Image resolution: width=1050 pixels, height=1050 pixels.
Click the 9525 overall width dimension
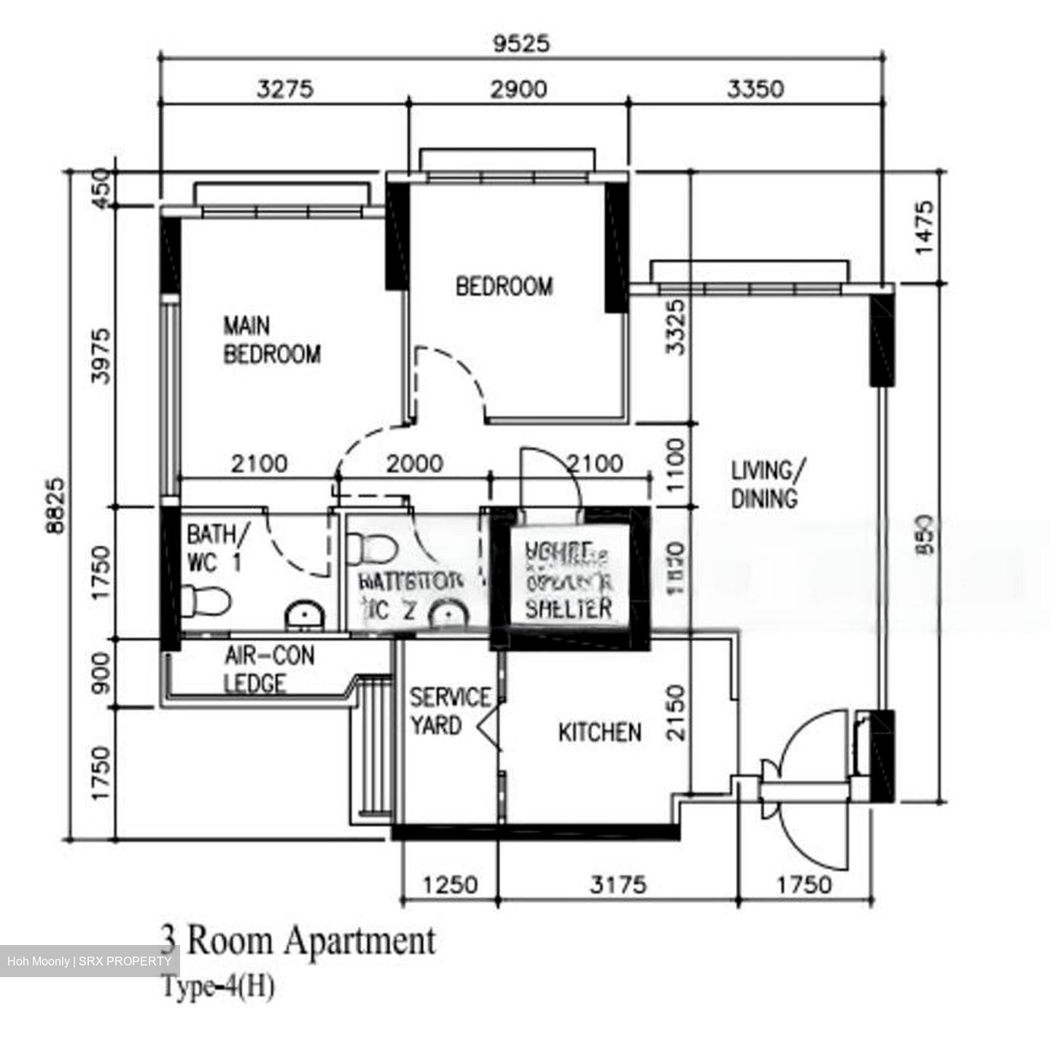[x=521, y=44]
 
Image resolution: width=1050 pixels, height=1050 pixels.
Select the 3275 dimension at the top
[x=285, y=89]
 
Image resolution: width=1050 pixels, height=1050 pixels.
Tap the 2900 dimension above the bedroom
[x=518, y=89]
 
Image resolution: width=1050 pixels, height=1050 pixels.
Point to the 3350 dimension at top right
[x=755, y=89]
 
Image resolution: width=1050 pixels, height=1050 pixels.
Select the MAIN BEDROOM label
[x=271, y=340]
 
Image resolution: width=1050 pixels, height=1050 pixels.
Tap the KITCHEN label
[x=599, y=732]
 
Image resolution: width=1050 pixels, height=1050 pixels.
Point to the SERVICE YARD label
[x=448, y=712]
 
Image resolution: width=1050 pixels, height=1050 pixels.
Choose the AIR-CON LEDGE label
[x=268, y=669]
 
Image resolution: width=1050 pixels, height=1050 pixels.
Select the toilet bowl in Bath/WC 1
[x=206, y=600]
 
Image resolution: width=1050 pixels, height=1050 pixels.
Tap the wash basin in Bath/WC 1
[x=305, y=615]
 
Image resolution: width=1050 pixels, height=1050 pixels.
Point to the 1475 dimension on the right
[x=924, y=227]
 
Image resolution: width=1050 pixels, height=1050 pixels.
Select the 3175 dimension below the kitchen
[x=618, y=884]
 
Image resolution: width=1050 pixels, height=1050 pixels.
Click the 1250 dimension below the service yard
[x=451, y=884]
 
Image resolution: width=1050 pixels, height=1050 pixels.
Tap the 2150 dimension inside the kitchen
[x=677, y=712]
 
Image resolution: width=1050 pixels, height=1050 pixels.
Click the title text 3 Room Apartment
[x=298, y=941]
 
